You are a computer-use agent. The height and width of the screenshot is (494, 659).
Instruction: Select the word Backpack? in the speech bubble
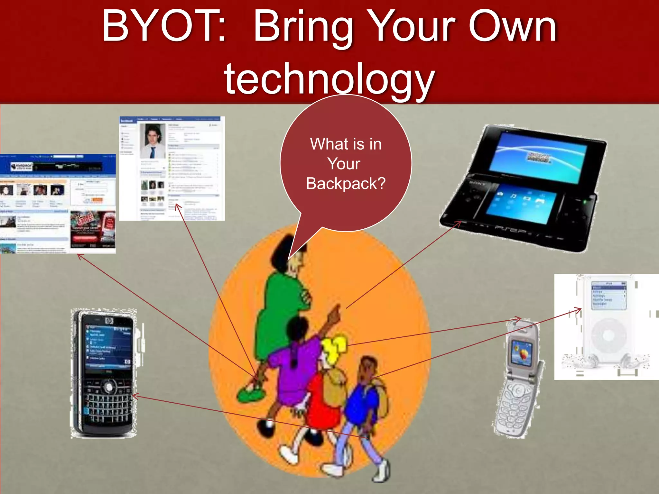(346, 184)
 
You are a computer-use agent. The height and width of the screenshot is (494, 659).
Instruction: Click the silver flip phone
(518, 380)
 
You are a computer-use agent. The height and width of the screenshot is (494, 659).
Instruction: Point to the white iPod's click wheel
(608, 335)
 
